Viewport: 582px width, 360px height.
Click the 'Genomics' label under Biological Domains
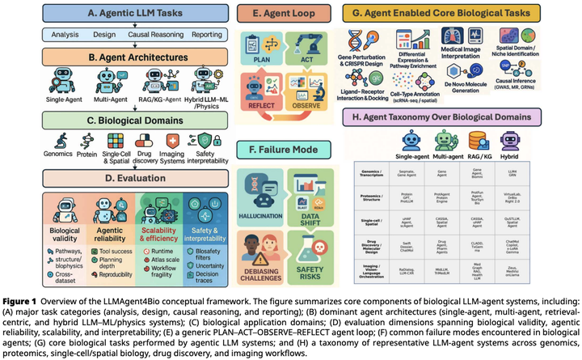click(x=58, y=155)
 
